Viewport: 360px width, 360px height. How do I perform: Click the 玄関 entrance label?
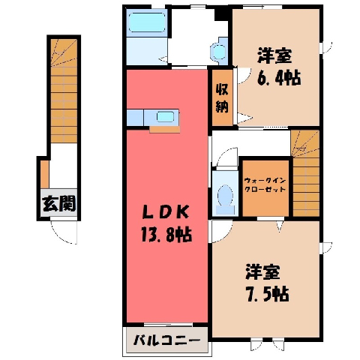(x=59, y=203)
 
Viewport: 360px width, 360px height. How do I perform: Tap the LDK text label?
(x=165, y=213)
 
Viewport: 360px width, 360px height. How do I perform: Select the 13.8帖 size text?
(x=166, y=235)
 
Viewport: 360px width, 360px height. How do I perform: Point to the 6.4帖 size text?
(x=278, y=77)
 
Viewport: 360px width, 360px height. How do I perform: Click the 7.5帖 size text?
(x=267, y=294)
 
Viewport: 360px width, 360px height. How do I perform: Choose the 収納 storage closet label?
(x=222, y=98)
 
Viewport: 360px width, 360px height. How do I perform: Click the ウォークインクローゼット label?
(x=265, y=184)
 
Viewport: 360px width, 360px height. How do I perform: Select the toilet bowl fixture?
(x=225, y=199)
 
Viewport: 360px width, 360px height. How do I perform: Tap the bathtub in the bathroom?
(x=147, y=22)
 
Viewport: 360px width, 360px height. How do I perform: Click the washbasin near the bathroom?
(x=219, y=51)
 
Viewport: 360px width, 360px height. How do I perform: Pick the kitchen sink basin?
(x=165, y=117)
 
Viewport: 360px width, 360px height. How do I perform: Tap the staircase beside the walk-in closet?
(x=305, y=172)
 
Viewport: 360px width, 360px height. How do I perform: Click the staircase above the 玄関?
(x=64, y=91)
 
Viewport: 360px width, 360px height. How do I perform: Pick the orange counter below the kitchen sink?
(x=165, y=130)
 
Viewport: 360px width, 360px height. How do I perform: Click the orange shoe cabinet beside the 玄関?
(x=45, y=174)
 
